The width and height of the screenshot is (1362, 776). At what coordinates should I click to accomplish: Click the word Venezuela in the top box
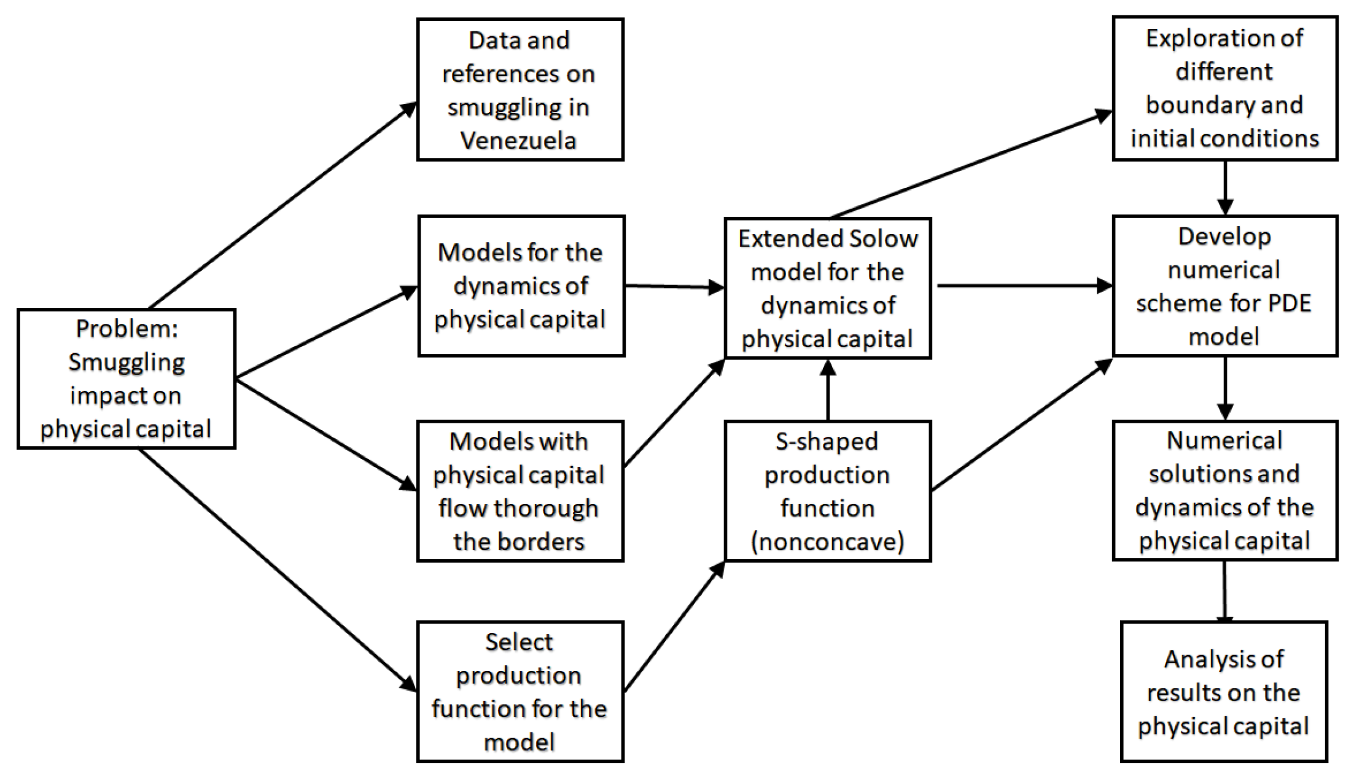click(x=519, y=141)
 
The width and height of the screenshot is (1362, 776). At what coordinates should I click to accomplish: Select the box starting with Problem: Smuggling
click(x=126, y=378)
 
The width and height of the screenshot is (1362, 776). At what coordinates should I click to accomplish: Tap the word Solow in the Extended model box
click(x=884, y=238)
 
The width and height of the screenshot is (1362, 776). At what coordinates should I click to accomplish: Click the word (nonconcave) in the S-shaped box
click(x=827, y=542)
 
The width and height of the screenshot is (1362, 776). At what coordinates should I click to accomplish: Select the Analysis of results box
click(x=1223, y=692)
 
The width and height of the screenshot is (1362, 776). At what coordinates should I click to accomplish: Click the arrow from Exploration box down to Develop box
click(x=1225, y=187)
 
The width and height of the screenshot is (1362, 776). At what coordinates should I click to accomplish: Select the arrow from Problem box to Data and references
click(x=282, y=206)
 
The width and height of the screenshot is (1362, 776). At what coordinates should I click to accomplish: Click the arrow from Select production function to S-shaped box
click(x=674, y=626)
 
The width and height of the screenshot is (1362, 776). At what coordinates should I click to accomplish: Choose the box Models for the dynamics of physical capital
click(x=521, y=286)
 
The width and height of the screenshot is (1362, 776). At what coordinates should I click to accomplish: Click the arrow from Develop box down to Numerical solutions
click(x=1225, y=388)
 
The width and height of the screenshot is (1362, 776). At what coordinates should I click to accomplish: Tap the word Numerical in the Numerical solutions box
click(x=1224, y=441)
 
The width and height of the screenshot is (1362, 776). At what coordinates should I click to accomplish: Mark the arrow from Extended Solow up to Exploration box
click(x=970, y=164)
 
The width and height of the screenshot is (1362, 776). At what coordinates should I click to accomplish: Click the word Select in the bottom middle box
click(x=519, y=642)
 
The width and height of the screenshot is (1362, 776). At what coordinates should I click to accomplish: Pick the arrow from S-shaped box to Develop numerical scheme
click(x=1022, y=425)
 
